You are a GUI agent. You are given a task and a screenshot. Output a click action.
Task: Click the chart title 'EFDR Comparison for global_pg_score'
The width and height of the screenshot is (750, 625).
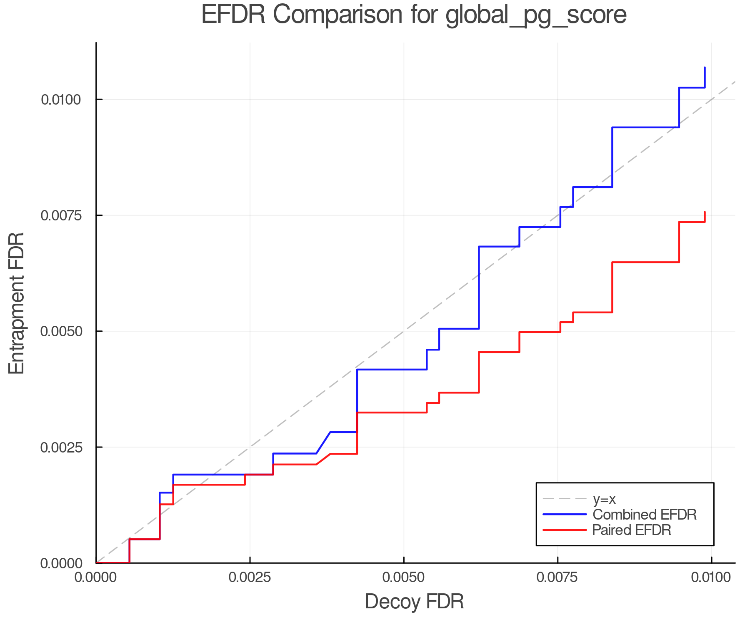(x=414, y=15)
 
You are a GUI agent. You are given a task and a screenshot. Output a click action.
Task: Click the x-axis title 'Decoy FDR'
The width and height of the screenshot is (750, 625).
(x=414, y=602)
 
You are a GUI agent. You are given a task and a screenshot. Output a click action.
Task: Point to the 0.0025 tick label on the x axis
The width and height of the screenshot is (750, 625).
(x=250, y=577)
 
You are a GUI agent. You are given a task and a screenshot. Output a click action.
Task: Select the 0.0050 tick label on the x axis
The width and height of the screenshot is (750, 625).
(x=404, y=577)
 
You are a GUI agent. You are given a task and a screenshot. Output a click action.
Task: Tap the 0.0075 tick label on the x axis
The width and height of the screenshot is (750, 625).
(x=557, y=577)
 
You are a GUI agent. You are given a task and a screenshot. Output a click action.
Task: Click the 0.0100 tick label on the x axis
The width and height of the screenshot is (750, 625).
(x=711, y=577)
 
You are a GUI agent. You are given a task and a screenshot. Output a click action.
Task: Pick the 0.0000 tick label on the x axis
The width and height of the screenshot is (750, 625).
(x=96, y=577)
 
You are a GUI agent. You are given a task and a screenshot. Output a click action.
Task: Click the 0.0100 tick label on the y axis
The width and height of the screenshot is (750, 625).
(x=62, y=100)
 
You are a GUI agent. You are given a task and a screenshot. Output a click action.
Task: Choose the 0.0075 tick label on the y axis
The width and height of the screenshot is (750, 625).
(x=62, y=215)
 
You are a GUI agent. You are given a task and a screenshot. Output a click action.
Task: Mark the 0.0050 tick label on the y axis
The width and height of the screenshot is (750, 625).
(x=62, y=331)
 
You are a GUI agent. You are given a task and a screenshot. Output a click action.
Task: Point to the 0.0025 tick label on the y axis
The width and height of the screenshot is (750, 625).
(x=62, y=447)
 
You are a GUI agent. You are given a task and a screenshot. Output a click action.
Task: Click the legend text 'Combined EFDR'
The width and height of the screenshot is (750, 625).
(x=644, y=515)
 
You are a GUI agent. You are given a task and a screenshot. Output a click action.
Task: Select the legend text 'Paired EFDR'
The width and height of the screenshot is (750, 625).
(x=632, y=530)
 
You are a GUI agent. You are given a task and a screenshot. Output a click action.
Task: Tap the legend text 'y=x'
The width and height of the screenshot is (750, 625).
(x=604, y=499)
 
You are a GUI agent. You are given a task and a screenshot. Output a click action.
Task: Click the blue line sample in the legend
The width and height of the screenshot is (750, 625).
(x=565, y=515)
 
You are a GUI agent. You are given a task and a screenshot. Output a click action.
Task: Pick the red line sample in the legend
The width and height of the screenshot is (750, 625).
(x=565, y=530)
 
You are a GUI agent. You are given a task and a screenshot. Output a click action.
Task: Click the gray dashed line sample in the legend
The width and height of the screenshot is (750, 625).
(x=565, y=499)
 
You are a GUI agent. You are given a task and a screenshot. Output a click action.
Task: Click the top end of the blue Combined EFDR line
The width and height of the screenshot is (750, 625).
(x=705, y=67)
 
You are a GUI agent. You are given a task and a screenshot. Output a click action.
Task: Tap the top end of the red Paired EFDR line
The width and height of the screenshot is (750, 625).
(x=705, y=212)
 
